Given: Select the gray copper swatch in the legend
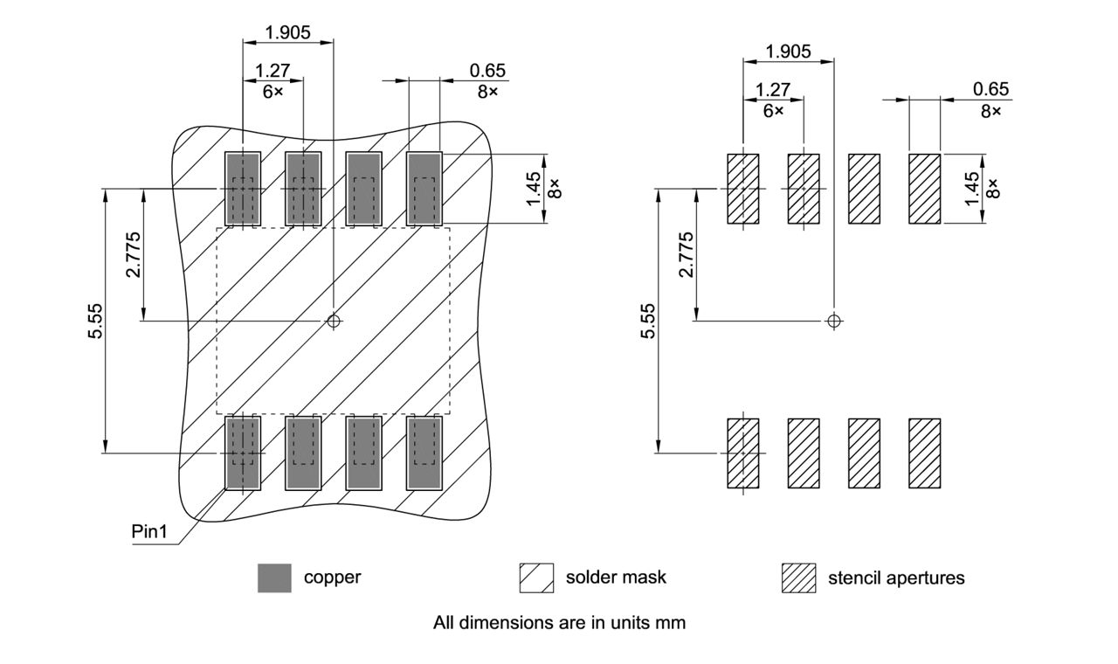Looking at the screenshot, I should coord(274,578).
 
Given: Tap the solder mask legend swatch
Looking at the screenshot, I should coord(536,578).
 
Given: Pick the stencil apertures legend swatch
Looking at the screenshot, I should coord(798,578).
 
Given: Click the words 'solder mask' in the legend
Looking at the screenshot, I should coord(616,578).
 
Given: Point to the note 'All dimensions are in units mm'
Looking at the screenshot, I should coord(559,623).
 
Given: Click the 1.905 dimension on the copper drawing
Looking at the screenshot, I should coord(287,32).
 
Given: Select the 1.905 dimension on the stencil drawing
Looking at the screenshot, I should coord(788,52).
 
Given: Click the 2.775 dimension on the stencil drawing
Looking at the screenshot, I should coord(687,254).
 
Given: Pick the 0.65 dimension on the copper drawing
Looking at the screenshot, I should coord(487,71).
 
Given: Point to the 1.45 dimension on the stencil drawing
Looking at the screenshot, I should coord(972,189).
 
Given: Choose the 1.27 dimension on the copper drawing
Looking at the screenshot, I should coord(272,71).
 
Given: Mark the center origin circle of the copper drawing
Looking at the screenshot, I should coord(333,321).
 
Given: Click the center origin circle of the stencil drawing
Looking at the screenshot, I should coord(834,321).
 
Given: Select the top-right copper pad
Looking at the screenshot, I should coord(424,189).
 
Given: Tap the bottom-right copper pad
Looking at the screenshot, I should coord(424,453).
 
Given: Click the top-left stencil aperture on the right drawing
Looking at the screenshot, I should coord(743,189).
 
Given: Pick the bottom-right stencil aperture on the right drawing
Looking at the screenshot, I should coord(924,453).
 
